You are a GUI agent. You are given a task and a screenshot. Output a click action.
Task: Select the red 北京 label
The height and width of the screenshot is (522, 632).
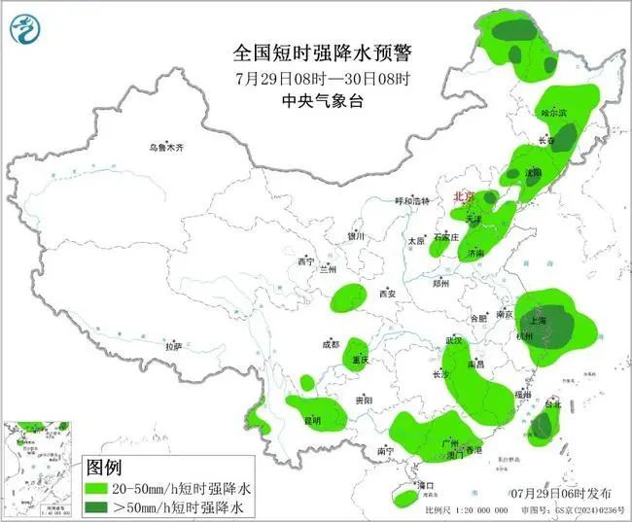[x=465, y=197]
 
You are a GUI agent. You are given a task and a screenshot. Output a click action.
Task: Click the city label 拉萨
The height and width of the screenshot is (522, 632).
[x=173, y=346]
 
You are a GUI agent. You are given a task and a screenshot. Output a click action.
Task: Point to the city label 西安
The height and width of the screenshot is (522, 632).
[x=388, y=293]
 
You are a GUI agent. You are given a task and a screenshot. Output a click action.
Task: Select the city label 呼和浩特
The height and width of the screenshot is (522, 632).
[x=410, y=201]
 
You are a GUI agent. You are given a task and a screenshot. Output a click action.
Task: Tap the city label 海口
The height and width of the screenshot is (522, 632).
[x=424, y=484]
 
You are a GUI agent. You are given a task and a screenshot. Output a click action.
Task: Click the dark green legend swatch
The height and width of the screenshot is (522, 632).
[x=105, y=506]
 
